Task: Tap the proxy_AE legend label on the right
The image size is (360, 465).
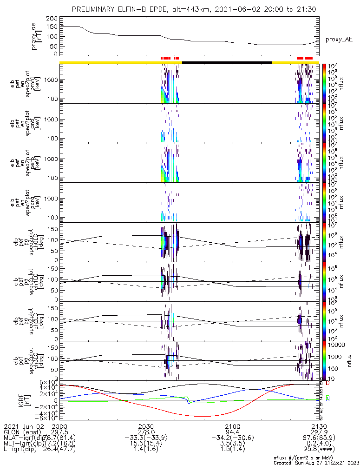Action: (339, 40)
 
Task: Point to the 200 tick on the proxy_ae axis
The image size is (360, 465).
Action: (52, 18)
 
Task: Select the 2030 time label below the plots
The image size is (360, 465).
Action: (146, 426)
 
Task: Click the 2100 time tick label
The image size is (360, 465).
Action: (232, 426)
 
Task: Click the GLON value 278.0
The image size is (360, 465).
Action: (146, 432)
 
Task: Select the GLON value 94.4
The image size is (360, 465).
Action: (232, 432)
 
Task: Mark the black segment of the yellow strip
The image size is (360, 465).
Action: (227, 62)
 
